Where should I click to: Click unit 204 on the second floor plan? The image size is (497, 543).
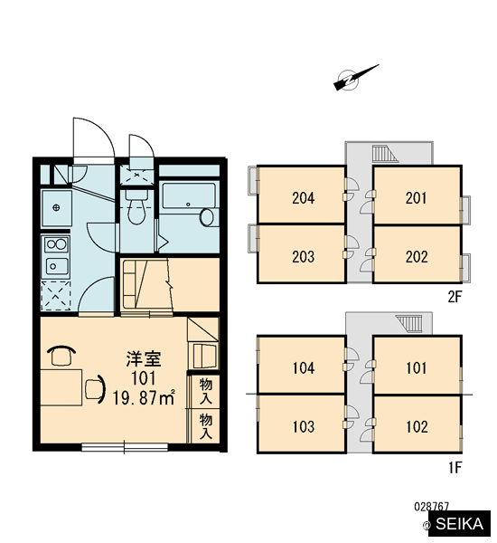coord(302,195)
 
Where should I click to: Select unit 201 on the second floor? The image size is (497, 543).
coord(417,195)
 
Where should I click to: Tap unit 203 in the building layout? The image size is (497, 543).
coord(302,253)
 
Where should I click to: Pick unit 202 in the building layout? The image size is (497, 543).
coord(417,254)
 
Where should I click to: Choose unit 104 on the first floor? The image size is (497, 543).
coord(302,365)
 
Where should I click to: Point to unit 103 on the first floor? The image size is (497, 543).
coord(302,424)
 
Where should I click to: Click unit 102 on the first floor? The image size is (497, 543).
coord(417,424)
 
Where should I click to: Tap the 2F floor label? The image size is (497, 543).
coord(455,297)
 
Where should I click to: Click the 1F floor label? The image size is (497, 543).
coord(455,468)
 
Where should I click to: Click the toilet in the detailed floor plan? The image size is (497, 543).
coord(136,206)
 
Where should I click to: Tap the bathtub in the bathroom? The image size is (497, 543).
coord(189,196)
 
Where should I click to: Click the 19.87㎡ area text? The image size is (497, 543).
coord(144,398)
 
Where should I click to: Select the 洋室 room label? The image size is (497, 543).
coord(144,358)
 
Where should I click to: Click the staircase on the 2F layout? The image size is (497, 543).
coord(385,154)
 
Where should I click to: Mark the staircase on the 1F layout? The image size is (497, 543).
coord(409,323)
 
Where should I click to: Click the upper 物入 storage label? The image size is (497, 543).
coord(205,392)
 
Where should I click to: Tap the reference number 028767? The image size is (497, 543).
coord(431,507)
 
